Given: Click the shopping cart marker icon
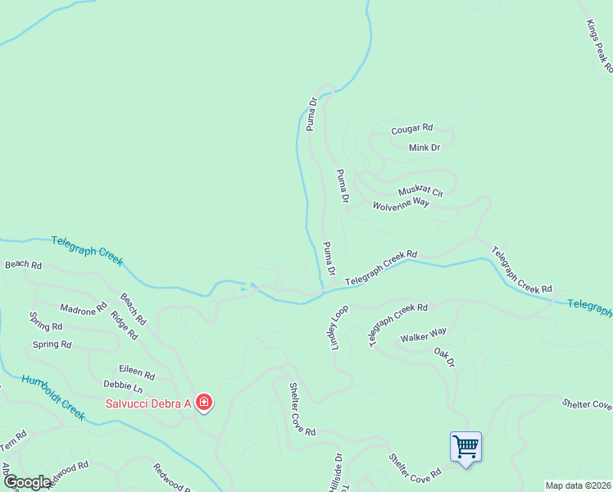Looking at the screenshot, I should (x=465, y=447).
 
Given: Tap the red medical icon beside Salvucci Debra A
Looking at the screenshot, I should (x=203, y=403).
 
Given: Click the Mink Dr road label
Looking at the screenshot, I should (x=425, y=148).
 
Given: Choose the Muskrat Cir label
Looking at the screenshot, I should (x=420, y=192).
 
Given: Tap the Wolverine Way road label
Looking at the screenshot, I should (x=402, y=203).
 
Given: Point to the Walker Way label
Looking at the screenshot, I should (x=423, y=335).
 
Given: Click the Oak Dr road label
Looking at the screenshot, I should (x=444, y=356).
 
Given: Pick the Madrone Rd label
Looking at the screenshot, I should (x=84, y=309).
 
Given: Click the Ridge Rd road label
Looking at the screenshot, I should (x=125, y=325).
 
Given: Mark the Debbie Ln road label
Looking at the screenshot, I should (x=123, y=385).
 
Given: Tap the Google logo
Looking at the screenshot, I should (x=28, y=482).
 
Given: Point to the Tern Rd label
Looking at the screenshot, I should (x=13, y=440).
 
